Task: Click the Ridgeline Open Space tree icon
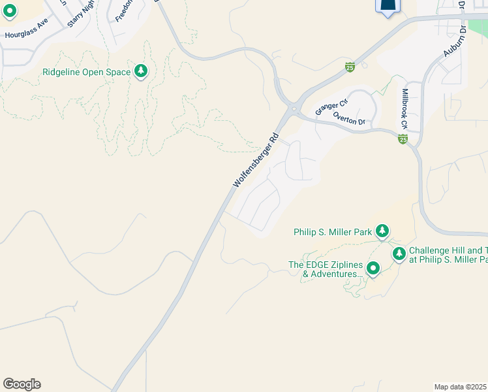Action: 141,71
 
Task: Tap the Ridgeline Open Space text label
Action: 87,72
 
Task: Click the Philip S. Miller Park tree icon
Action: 382,231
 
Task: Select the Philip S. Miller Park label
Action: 332,232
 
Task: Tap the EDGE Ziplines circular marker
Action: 373,268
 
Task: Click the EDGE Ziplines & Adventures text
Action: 325,269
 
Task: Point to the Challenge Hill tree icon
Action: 399,253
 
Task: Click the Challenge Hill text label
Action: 448,255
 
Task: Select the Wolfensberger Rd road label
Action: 256,161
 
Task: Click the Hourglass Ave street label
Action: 27,34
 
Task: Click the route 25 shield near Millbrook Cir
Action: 403,139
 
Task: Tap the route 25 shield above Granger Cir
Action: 350,67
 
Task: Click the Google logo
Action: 22,384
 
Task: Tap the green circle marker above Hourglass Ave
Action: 10,10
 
